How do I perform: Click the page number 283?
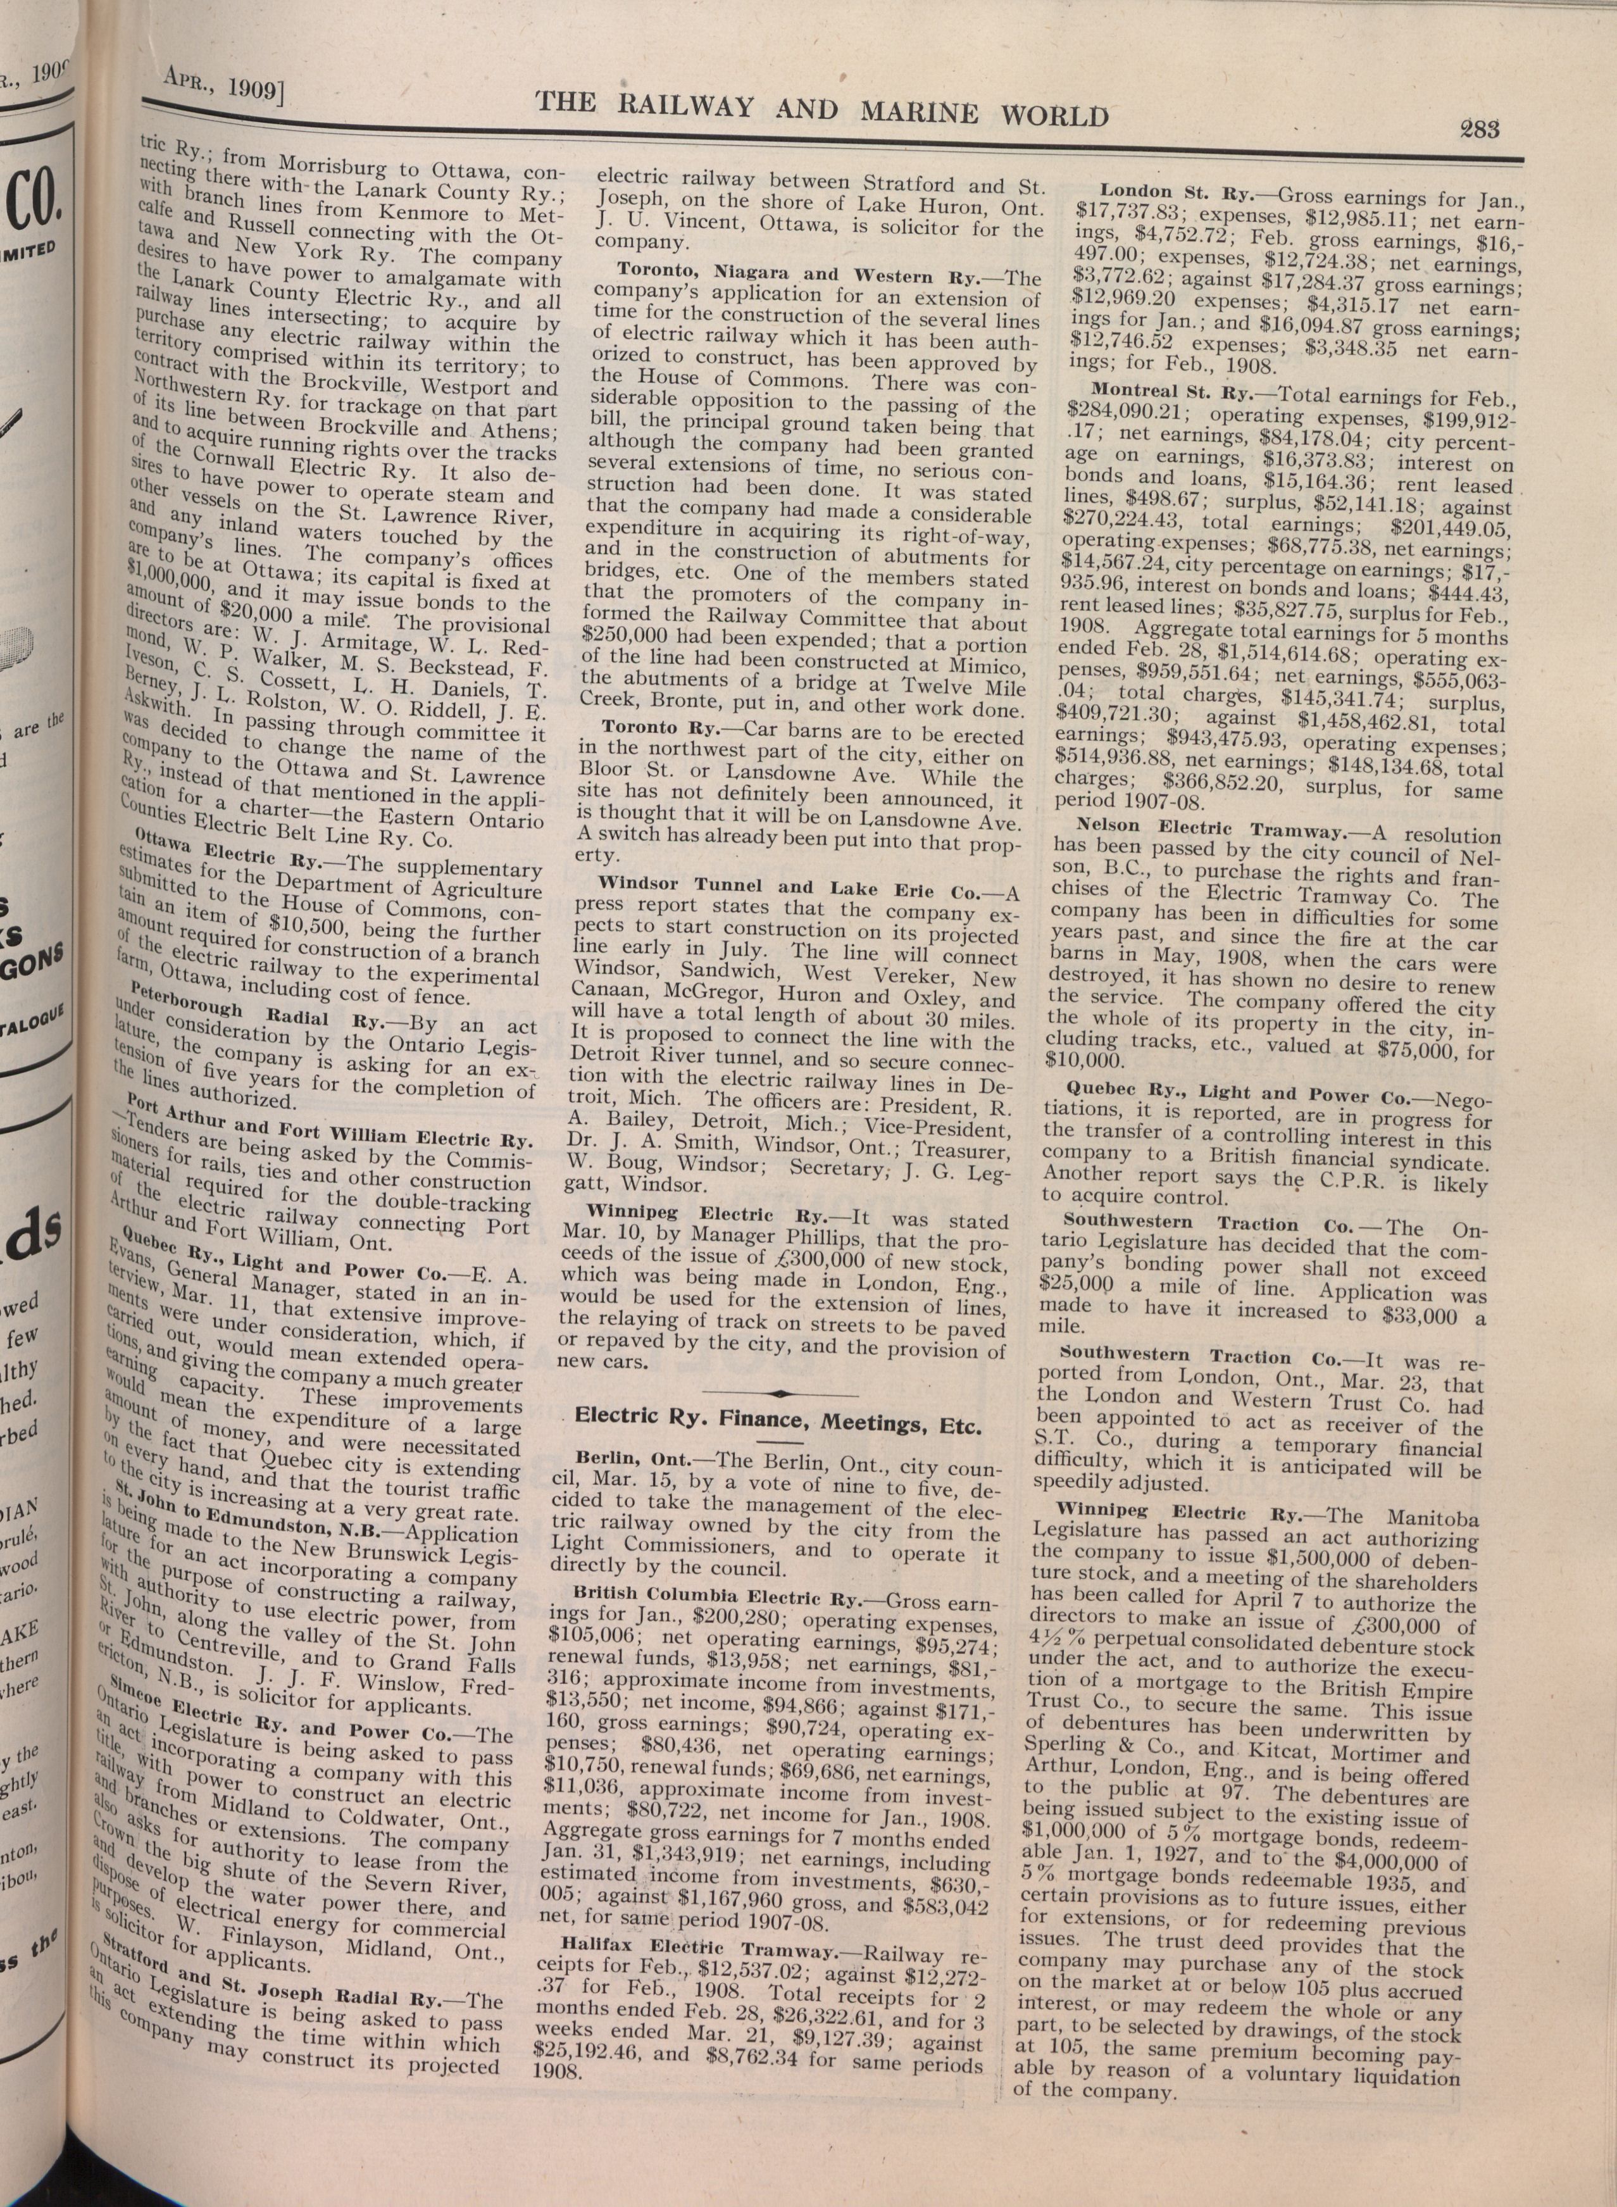coord(1480,128)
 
